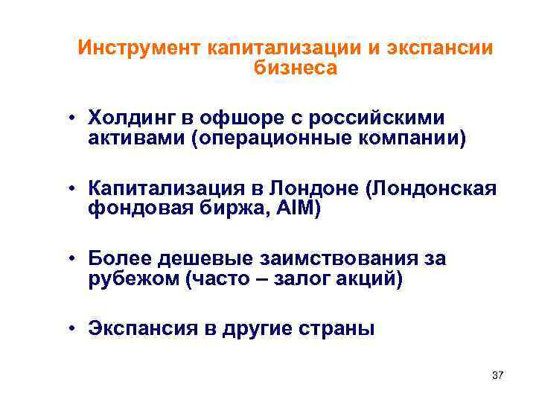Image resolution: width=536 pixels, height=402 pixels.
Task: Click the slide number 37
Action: coord(497,375)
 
